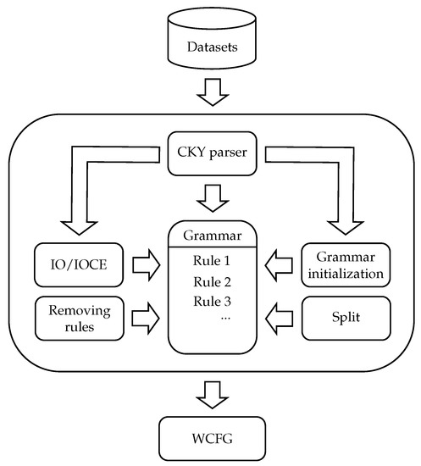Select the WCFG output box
click(x=211, y=436)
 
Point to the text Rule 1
click(x=211, y=260)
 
